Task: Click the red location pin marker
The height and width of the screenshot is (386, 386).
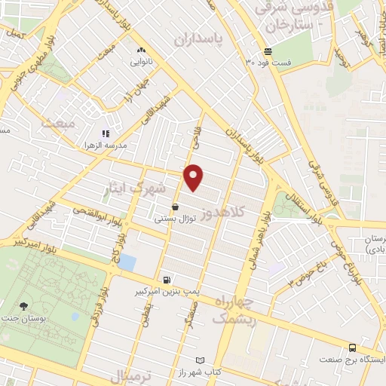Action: coord(194,176)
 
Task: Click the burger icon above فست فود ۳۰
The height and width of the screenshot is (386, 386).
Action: coord(268,52)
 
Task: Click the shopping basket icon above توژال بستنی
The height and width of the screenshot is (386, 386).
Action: coord(175,207)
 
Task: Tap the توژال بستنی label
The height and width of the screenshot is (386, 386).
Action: coord(176,219)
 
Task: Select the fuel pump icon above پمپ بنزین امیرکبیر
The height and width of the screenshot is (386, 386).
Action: coord(166,278)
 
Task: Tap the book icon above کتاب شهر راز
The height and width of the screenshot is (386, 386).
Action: coord(200,361)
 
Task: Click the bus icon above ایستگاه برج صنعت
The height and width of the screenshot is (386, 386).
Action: coord(352,348)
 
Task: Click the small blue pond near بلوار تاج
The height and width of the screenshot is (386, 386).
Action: coord(127,263)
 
